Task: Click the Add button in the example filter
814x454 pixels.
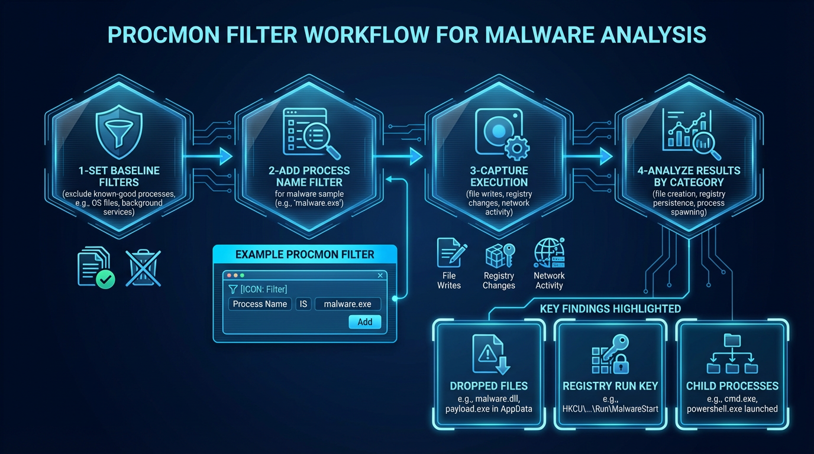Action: [x=365, y=322]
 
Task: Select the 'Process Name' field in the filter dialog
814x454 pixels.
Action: [x=260, y=304]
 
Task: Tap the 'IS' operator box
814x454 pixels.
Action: [x=303, y=304]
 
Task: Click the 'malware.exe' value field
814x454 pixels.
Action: [x=348, y=304]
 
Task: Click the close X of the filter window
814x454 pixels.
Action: [x=380, y=275]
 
